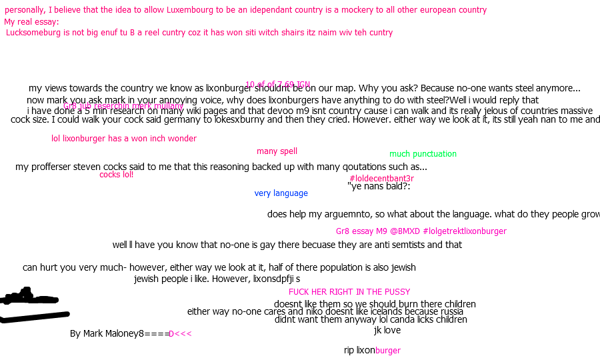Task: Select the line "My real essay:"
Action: coord(32,22)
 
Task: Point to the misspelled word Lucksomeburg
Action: coord(33,33)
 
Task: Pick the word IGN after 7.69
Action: coord(303,85)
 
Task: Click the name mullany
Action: coord(169,106)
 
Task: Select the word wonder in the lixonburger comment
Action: coord(182,139)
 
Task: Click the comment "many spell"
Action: coord(277,151)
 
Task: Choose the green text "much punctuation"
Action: coord(423,154)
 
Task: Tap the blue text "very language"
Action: coord(281,193)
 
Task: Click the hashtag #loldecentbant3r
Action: coord(381,179)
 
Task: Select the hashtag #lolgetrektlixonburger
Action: coord(465,231)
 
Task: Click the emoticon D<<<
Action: coord(180,334)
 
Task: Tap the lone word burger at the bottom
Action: coord(387,351)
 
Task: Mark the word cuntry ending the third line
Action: coord(379,33)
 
